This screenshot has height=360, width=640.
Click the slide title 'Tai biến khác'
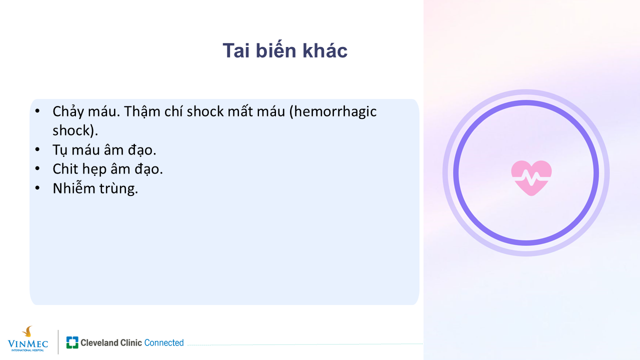tap(285, 50)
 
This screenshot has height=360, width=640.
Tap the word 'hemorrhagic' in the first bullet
tap(335, 112)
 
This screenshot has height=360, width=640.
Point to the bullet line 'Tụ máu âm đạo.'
tap(104, 150)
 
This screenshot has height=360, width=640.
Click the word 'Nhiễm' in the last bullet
tap(74, 188)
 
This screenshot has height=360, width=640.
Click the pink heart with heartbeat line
tap(531, 178)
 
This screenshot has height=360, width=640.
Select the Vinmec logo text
tap(27, 345)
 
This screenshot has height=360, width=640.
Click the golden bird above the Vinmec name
tap(27, 331)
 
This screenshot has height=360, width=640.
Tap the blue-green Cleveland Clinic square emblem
tap(72, 342)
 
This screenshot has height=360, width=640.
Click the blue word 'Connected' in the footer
tap(164, 342)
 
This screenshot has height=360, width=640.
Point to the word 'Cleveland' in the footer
tap(99, 342)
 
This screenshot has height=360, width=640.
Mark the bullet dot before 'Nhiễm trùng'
tap(37, 188)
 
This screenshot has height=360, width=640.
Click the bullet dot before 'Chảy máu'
tap(37, 111)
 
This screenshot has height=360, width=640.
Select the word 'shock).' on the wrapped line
tap(75, 131)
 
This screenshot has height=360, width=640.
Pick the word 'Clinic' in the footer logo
tap(131, 342)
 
